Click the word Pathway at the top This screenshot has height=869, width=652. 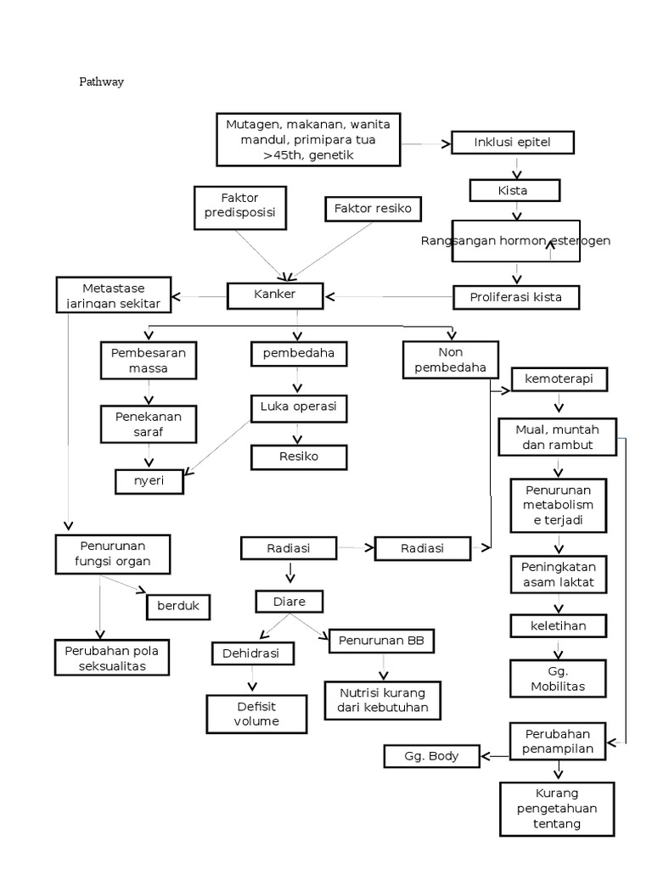click(102, 82)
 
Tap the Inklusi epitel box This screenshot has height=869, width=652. click(512, 143)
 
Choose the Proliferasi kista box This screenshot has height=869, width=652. click(515, 297)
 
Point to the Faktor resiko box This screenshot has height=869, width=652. click(372, 209)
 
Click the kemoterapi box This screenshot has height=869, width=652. click(559, 378)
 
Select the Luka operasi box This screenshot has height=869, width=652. click(298, 407)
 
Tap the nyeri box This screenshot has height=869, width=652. click(149, 480)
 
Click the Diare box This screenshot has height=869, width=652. click(289, 603)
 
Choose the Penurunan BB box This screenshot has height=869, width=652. click(381, 641)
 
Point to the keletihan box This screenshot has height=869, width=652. click(559, 626)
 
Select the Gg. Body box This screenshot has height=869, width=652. click(431, 755)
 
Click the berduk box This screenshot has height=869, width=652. click(178, 607)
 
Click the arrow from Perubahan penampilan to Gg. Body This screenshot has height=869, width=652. click(495, 754)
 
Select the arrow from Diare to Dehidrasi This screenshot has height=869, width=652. click(272, 626)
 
